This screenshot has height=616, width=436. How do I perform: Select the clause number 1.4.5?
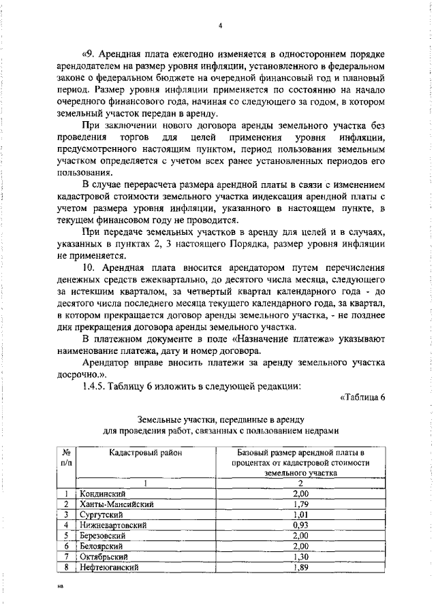pos(96,386)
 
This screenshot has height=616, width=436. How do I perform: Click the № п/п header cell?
pos(67,456)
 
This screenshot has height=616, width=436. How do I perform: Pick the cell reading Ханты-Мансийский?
pos(116,504)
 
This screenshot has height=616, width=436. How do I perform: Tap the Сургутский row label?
pos(102,515)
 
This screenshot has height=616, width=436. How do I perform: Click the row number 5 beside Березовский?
pos(66,536)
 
